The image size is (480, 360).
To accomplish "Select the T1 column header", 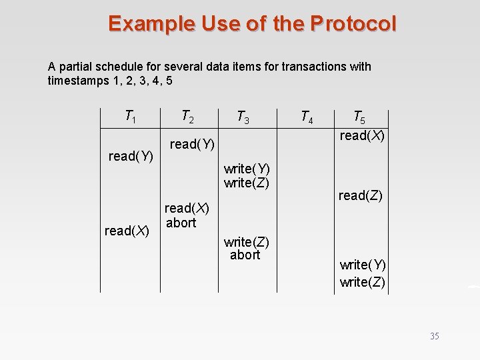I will [131, 117].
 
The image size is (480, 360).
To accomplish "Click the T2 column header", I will [188, 117].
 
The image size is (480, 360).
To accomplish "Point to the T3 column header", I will [243, 118].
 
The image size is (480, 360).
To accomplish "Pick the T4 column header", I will [307, 118].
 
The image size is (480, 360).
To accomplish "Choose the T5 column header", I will [359, 118].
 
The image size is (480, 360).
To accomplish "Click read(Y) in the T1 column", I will [131, 157].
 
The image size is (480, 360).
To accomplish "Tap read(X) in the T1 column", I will [127, 231].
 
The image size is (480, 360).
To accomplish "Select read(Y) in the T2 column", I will [192, 144].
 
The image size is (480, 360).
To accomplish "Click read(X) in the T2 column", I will [187, 209].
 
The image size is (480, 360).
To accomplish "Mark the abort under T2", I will [181, 223].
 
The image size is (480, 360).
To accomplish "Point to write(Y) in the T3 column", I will [247, 169].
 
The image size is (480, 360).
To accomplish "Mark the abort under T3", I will [245, 255].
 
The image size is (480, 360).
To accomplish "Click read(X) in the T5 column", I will [363, 135].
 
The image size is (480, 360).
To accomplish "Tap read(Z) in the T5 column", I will [360, 195].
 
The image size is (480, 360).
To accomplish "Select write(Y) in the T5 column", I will [363, 265].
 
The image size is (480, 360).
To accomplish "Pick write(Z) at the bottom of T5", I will [363, 282].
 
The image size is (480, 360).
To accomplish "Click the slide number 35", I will [435, 336].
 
